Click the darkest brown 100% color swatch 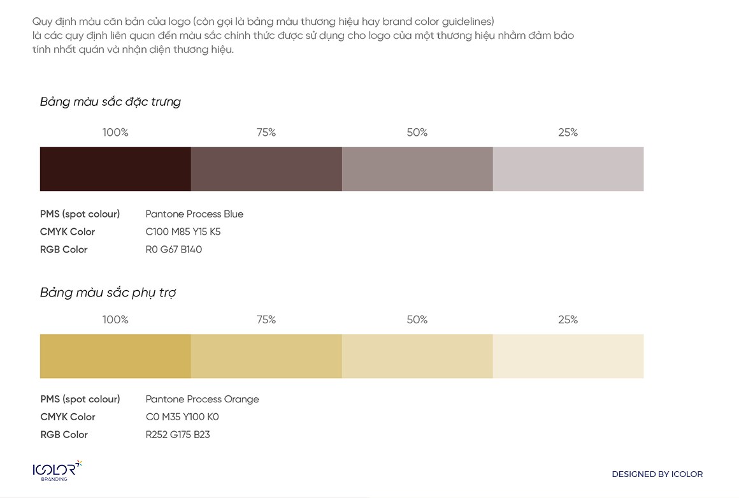(115, 169)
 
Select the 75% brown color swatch (266, 169)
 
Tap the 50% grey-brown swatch (417, 169)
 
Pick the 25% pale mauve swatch (568, 169)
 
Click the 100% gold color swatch (115, 356)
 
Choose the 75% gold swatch (266, 356)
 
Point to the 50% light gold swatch (417, 356)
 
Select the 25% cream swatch (568, 356)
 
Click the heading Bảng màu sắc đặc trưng (110, 102)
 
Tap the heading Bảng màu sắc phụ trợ (108, 293)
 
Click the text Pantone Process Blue (194, 214)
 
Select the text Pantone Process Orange (202, 399)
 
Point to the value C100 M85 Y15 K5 (183, 232)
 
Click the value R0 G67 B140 (173, 250)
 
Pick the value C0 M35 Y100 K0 (182, 417)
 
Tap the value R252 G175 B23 (178, 435)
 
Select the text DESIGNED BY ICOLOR (657, 474)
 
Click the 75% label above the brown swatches (266, 133)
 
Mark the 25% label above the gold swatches (568, 319)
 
